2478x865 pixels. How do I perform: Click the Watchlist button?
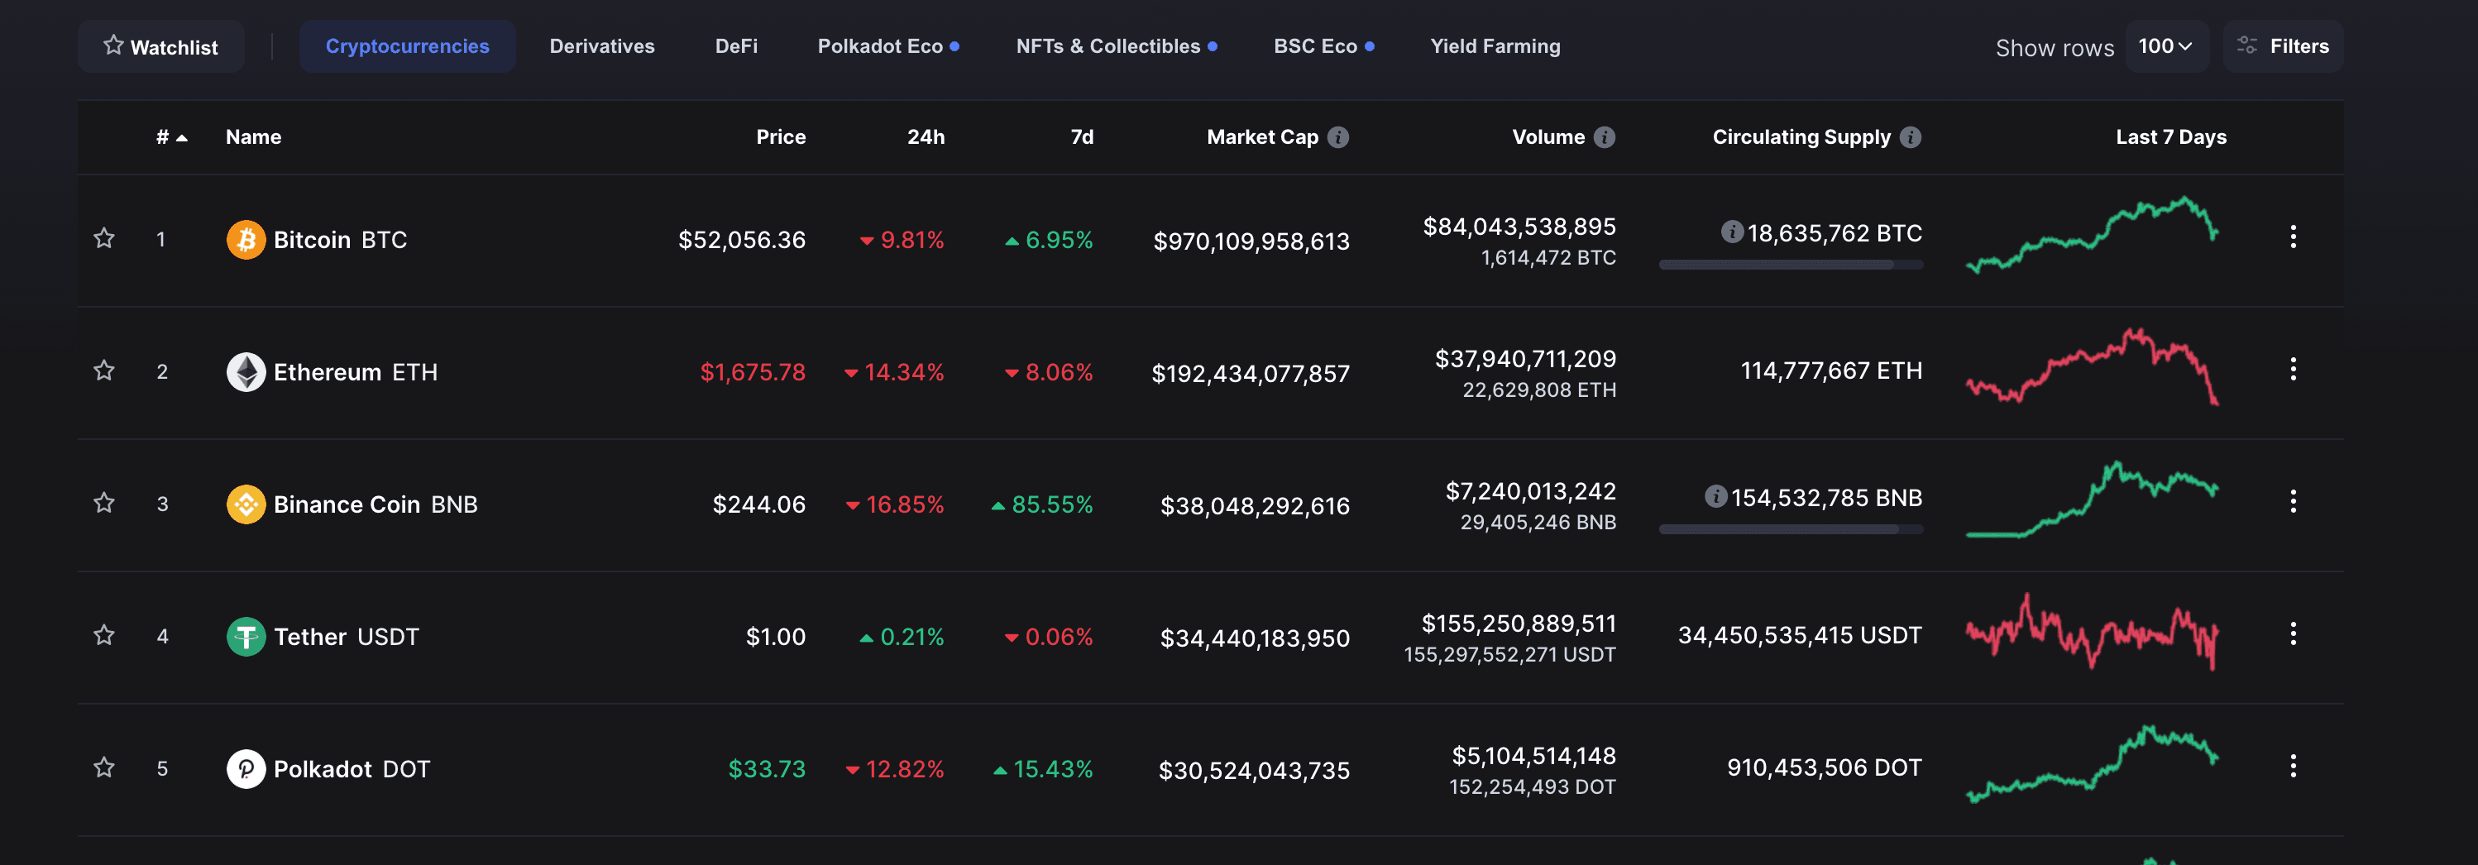click(160, 46)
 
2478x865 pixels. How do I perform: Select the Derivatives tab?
click(601, 46)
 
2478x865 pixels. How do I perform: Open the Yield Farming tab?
click(1494, 46)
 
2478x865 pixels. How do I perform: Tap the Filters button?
click(2282, 46)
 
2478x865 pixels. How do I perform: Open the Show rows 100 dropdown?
click(2165, 46)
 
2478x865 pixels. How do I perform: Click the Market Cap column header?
click(1261, 136)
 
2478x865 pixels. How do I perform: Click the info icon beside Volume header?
click(1604, 136)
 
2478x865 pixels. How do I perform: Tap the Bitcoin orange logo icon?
click(246, 240)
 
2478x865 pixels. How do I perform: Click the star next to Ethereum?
click(104, 370)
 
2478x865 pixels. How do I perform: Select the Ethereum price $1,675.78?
click(753, 372)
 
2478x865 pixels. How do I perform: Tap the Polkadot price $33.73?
click(766, 769)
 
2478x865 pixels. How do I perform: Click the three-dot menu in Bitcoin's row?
click(2293, 237)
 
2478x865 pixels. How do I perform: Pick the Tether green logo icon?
click(246, 636)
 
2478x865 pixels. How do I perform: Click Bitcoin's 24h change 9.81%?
click(911, 240)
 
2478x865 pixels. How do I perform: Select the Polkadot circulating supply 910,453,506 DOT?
click(1823, 767)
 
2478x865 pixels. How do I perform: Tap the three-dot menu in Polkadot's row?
click(2293, 766)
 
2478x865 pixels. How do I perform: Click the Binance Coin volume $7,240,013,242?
click(1529, 490)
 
